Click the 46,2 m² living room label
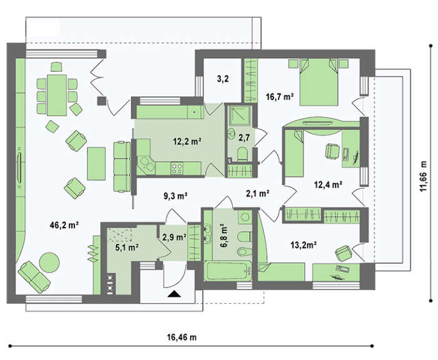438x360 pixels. (64, 225)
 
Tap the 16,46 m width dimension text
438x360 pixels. (182, 337)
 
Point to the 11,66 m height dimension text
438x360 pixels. (424, 176)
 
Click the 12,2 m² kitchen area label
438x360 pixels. (187, 141)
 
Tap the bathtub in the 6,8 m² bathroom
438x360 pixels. (228, 271)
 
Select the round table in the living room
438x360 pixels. (49, 262)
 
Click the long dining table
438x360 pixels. (57, 95)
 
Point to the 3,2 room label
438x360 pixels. (223, 79)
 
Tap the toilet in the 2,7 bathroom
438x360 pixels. (242, 154)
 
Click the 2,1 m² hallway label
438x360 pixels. (258, 193)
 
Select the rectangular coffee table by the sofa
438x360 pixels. (96, 164)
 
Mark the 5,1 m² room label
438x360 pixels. (127, 247)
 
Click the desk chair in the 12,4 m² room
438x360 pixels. (332, 151)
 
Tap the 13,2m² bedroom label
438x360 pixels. (303, 245)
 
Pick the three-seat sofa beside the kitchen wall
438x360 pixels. (122, 167)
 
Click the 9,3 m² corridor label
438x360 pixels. (175, 196)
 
